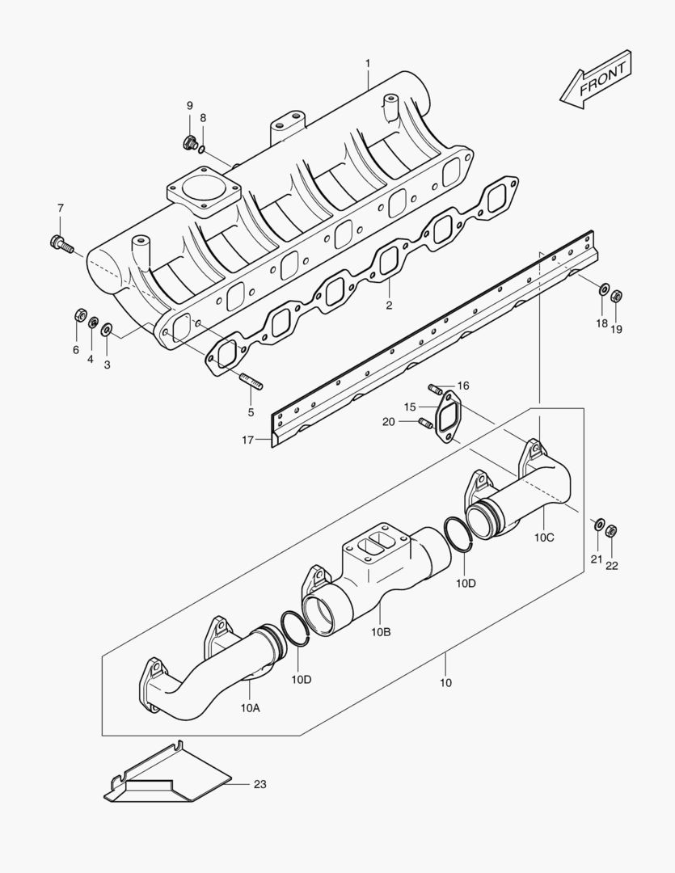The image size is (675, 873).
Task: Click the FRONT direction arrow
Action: pyautogui.click(x=596, y=78)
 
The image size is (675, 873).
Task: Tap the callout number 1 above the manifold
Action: pyautogui.click(x=367, y=62)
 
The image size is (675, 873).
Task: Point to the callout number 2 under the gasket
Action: pyautogui.click(x=389, y=306)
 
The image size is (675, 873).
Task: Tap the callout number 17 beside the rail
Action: pyautogui.click(x=247, y=440)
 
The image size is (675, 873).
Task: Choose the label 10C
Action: pyautogui.click(x=544, y=537)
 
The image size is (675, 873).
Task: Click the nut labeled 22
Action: pyautogui.click(x=612, y=531)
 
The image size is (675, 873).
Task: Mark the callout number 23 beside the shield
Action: pyautogui.click(x=259, y=784)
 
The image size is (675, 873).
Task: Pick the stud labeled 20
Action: pyautogui.click(x=424, y=421)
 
